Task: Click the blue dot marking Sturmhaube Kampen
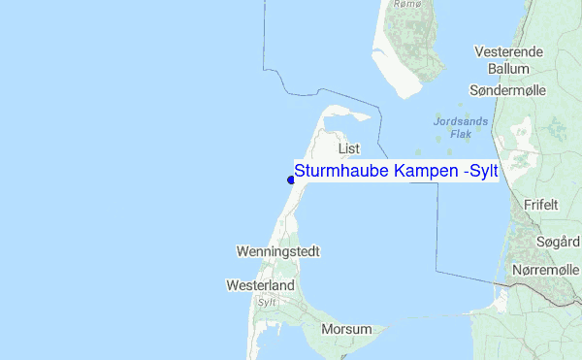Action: tap(291, 179)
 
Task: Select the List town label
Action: tap(349, 148)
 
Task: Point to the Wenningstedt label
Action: tap(278, 251)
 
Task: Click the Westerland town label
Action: tap(260, 286)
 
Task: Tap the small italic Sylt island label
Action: tap(267, 302)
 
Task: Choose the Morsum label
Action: tap(346, 329)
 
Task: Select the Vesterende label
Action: tap(514, 50)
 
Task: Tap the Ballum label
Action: tap(508, 69)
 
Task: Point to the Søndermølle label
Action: tap(508, 89)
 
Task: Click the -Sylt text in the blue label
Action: tap(480, 171)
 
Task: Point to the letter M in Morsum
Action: tap(327, 329)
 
